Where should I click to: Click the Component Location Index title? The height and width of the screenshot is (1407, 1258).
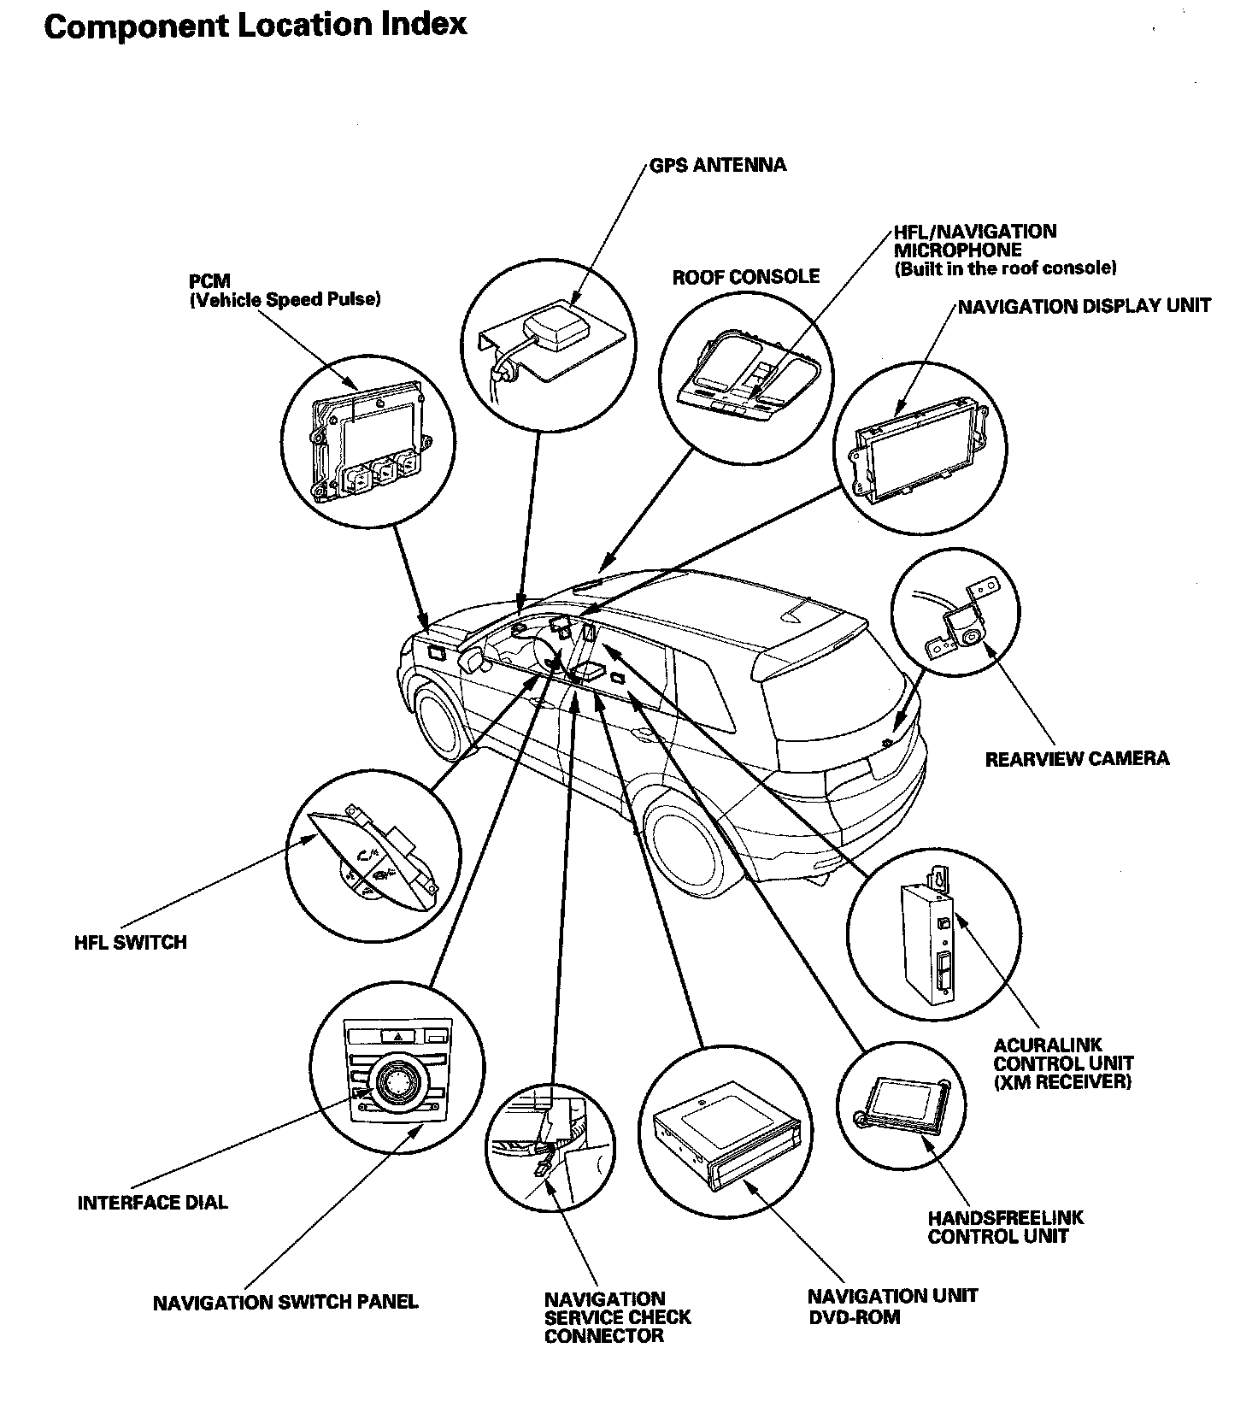click(x=255, y=26)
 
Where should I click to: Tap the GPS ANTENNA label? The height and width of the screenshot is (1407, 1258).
click(x=717, y=165)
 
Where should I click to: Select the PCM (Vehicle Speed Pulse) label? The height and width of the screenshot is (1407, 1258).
click(x=284, y=291)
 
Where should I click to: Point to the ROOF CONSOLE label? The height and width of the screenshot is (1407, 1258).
click(x=745, y=277)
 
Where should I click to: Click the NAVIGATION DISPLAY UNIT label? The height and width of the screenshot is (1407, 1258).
click(x=1084, y=306)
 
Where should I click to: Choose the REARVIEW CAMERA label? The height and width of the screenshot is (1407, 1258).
click(x=1077, y=758)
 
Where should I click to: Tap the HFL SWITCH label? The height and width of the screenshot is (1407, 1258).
click(x=130, y=942)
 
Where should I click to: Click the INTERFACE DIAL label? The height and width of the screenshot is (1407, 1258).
click(x=152, y=1203)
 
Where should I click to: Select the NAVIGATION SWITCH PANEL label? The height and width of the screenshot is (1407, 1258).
click(x=285, y=1303)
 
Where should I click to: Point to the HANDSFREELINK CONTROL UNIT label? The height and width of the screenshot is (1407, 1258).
click(x=1005, y=1227)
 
